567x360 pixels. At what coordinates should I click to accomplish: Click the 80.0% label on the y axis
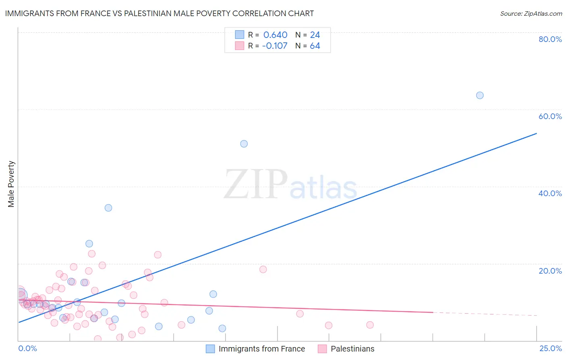pyautogui.click(x=550, y=39)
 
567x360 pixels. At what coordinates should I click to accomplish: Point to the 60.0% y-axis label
pyautogui.click(x=550, y=116)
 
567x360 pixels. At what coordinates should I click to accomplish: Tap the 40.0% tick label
pyautogui.click(x=550, y=193)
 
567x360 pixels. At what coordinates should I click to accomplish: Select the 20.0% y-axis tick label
pyautogui.click(x=550, y=271)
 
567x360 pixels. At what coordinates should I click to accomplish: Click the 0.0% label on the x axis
pyautogui.click(x=27, y=348)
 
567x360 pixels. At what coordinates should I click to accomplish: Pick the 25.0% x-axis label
pyautogui.click(x=550, y=348)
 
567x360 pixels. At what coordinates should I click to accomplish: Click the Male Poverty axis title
pyautogui.click(x=11, y=184)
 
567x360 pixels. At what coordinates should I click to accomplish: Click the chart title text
pyautogui.click(x=159, y=13)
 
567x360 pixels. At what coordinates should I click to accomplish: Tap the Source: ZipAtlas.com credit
pyautogui.click(x=531, y=13)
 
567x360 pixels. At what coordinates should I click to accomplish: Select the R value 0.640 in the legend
pyautogui.click(x=275, y=35)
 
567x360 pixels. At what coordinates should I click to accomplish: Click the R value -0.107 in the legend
pyautogui.click(x=274, y=46)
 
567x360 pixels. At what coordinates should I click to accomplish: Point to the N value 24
pyautogui.click(x=315, y=35)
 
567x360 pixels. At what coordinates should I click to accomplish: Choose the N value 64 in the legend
pyautogui.click(x=315, y=46)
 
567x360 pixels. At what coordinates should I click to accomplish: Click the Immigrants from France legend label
pyautogui.click(x=262, y=349)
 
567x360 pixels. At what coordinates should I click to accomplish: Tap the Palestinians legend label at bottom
pyautogui.click(x=352, y=349)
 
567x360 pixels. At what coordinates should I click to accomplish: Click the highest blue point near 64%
pyautogui.click(x=479, y=95)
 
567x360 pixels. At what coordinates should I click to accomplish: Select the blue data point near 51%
pyautogui.click(x=244, y=144)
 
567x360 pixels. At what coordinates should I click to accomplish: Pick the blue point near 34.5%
pyautogui.click(x=108, y=208)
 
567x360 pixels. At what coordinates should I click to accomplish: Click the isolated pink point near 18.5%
pyautogui.click(x=263, y=269)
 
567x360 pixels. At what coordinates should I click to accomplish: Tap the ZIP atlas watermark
pyautogui.click(x=290, y=185)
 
